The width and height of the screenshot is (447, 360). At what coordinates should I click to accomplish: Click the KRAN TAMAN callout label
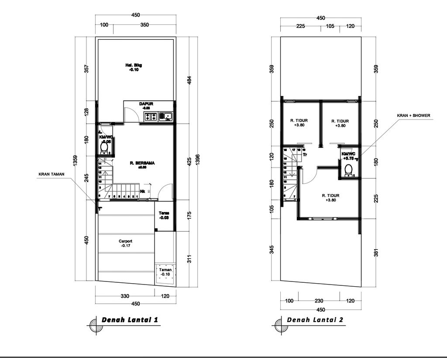coord(51,174)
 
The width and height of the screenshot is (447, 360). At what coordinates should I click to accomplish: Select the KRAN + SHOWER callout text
coord(413,116)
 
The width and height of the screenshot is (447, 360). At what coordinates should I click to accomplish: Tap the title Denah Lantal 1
coord(130,320)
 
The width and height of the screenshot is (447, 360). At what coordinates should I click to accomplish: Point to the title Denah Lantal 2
coord(315,320)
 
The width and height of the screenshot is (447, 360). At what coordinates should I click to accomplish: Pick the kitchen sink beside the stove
coord(166,117)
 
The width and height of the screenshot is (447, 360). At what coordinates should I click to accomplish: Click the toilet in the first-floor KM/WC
coord(104,148)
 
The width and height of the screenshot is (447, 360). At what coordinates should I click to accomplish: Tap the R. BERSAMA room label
coord(142,164)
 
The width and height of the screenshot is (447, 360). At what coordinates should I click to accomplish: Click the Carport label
coord(125,243)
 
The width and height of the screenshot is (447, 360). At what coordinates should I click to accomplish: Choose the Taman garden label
coord(165,272)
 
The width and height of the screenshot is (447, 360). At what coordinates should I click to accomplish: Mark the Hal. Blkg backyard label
coord(134,68)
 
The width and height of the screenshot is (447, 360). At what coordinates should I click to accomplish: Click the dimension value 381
coord(375,253)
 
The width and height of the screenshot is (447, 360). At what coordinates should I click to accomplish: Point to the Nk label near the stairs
coord(142,192)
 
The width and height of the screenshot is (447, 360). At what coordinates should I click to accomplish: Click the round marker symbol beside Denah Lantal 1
coord(94,325)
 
